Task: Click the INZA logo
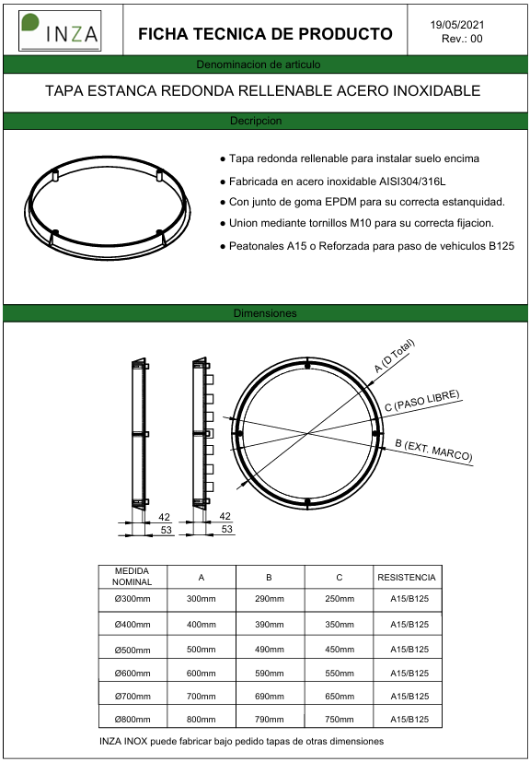coord(60,30)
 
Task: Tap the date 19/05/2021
coord(457,25)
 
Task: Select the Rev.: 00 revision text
coord(462,40)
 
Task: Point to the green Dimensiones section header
coord(265,313)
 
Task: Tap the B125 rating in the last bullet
coord(501,246)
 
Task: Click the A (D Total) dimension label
coord(396,356)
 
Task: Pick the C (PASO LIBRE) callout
coord(422,402)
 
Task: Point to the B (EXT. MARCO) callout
coord(433,451)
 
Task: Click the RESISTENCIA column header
coord(407,578)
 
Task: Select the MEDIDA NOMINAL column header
coord(132,576)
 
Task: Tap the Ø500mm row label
coord(132,650)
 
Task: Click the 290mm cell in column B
coord(270,599)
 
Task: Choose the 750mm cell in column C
coord(340,720)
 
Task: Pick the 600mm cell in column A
coord(202,673)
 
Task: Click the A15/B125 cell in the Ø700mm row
coord(409,696)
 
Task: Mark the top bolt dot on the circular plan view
coord(307,365)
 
